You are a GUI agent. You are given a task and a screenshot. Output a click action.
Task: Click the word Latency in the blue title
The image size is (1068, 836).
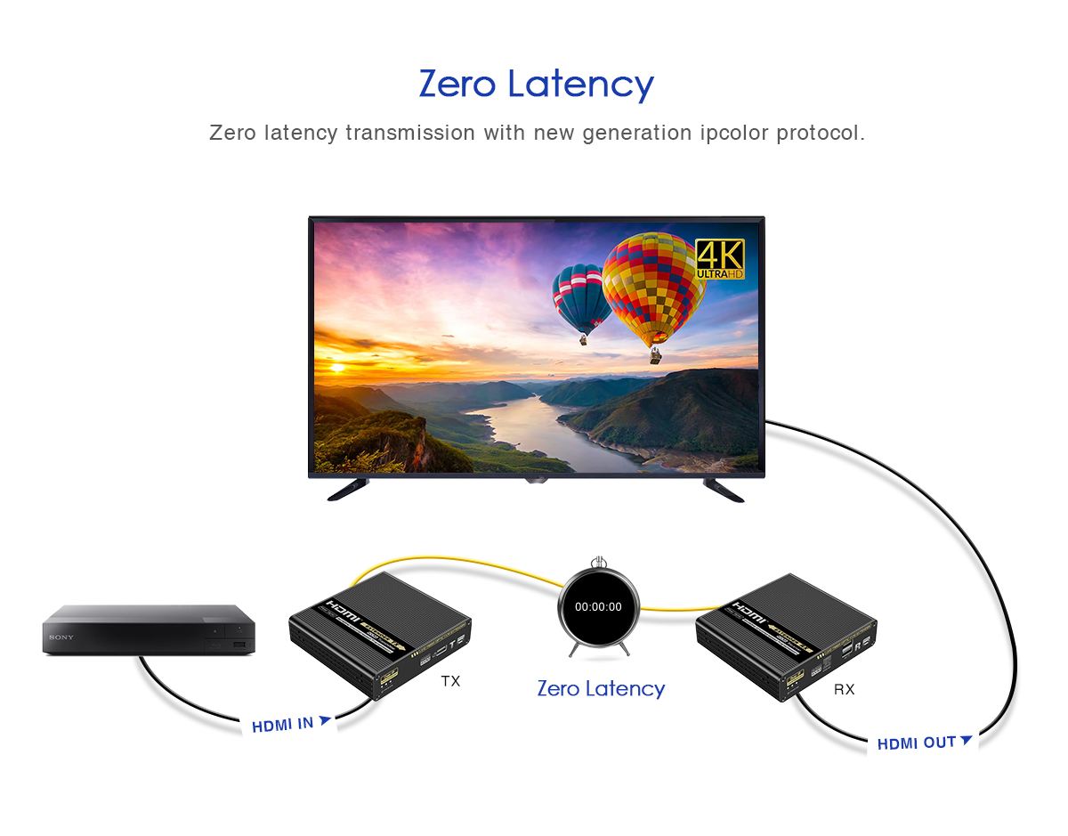click(x=581, y=85)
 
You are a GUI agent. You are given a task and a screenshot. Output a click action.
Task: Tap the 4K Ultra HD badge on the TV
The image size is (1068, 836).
click(x=719, y=259)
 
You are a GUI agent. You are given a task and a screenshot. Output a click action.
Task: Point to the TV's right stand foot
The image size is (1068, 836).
click(x=724, y=489)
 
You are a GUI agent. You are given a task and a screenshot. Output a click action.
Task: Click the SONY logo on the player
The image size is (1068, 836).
click(x=61, y=637)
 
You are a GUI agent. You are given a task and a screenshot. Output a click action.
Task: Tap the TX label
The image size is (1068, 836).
click(x=450, y=681)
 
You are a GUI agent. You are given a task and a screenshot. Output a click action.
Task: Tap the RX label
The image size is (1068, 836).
click(x=844, y=689)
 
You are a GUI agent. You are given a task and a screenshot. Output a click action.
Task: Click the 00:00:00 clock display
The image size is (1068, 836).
click(x=598, y=607)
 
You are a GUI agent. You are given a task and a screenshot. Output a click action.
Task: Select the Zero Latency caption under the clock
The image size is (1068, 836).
click(x=601, y=688)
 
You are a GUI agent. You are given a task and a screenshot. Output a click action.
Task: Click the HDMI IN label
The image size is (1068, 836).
click(x=282, y=725)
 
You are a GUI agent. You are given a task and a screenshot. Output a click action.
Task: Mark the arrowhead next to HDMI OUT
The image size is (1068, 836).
click(x=966, y=739)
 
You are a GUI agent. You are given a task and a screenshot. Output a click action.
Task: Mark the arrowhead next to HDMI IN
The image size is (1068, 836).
click(x=325, y=720)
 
